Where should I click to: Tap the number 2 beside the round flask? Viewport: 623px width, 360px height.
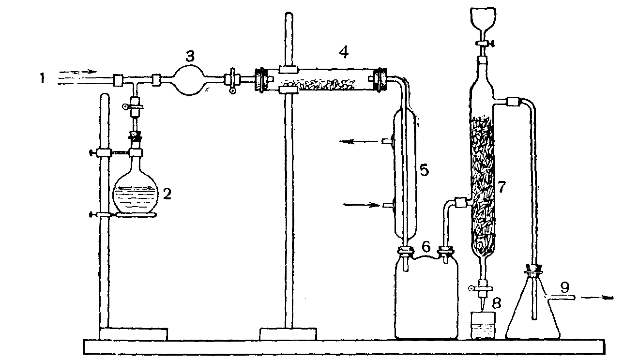click(x=167, y=194)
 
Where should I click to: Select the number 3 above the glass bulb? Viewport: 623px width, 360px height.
click(x=190, y=56)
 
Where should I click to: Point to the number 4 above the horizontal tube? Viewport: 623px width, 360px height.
click(x=343, y=52)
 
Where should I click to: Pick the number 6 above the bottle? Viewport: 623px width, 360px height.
click(x=426, y=247)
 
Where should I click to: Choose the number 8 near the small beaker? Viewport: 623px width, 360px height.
click(x=496, y=303)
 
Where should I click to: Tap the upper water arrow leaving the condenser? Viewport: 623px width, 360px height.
click(x=358, y=142)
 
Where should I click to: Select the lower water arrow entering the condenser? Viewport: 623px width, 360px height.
click(x=361, y=205)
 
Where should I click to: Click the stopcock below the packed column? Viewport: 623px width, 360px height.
click(x=482, y=289)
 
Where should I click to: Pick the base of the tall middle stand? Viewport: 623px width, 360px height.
click(x=288, y=334)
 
